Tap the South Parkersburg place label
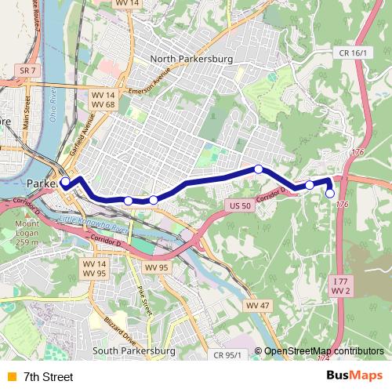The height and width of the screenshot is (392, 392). tap(132, 350)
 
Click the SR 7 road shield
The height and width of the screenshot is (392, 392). tap(27, 71)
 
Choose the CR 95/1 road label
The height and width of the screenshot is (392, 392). tap(227, 354)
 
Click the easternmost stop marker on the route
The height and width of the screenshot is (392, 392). tap(330, 194)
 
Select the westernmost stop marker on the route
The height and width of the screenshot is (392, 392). tap(66, 183)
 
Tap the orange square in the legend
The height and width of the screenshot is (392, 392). tap(10, 377)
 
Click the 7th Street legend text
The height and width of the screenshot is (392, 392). tap(49, 377)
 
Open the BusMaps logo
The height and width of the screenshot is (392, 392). tap(354, 376)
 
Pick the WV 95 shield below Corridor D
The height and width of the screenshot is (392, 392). tap(156, 267)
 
